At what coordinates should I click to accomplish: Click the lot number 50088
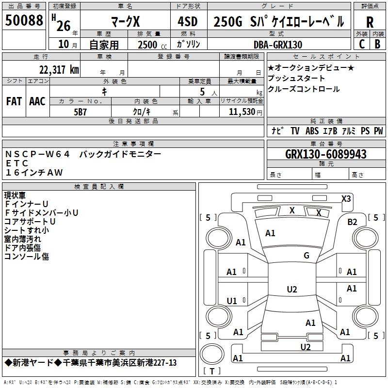click(24, 21)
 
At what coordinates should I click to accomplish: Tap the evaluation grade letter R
click(370, 22)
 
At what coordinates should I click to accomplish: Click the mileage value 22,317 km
click(59, 69)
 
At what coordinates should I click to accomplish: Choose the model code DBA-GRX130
click(278, 45)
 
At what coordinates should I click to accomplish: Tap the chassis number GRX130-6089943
click(326, 154)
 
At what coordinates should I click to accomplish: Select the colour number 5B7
click(80, 112)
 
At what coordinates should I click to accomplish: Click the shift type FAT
click(14, 101)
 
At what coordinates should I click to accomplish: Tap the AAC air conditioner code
click(37, 101)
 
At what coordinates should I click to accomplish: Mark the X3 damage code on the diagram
click(346, 198)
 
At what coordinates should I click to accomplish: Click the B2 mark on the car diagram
click(352, 222)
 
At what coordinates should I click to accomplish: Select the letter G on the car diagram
click(307, 255)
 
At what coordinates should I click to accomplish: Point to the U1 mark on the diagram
click(232, 301)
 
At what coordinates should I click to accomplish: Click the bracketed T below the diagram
click(212, 371)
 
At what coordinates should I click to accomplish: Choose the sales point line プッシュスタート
click(296, 78)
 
